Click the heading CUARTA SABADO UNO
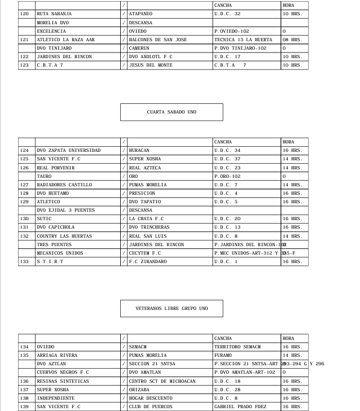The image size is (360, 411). pos(172,112)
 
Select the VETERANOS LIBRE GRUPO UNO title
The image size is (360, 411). pos(172,309)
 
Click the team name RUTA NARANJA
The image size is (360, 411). pos(54,14)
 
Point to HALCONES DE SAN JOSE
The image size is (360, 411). pos(157,40)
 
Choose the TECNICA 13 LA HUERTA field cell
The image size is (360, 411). pos(243,40)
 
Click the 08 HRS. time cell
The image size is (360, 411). pos(292,40)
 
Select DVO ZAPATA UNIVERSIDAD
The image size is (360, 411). pos(68,151)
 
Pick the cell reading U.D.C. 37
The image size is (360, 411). pos(227,159)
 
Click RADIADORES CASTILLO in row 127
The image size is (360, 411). pos(64,185)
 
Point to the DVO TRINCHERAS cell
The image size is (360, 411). pos(149,228)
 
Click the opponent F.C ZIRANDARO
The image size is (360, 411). pos(148,261)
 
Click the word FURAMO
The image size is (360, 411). pos(223,356)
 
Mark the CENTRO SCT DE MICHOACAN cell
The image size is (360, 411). pos(162,381)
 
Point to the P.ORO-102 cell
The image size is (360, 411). pos(227,176)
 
